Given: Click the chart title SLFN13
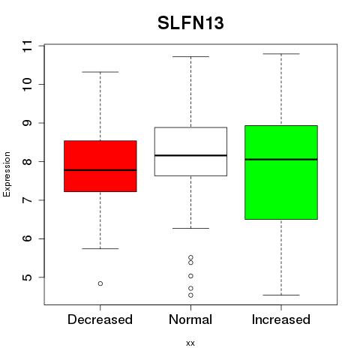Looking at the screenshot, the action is (190, 23).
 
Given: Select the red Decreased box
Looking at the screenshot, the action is (100, 166).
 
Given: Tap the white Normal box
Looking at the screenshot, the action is (190, 151).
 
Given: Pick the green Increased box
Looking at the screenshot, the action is (281, 172).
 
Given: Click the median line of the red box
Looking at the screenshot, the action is (100, 170).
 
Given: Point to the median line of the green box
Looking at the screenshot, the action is (281, 159).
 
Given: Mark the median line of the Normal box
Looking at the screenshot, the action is (190, 155).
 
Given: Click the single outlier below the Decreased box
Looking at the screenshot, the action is (100, 283).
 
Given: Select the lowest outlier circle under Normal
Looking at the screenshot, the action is (190, 295).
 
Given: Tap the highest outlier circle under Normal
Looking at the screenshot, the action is (190, 257).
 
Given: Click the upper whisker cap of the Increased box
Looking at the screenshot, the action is (281, 54).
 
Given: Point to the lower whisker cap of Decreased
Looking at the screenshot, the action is (100, 248).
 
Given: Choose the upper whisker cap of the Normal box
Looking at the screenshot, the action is (190, 56).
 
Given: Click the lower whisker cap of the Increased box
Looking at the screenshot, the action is (281, 295).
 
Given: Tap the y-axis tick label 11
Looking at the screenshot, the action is (27, 46).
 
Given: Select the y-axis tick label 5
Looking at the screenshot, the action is (27, 277).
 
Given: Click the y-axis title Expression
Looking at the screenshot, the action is (7, 174).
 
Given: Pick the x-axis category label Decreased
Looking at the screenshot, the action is (100, 319).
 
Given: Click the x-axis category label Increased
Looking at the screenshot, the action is (281, 319).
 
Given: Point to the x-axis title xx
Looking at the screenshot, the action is (190, 343).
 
